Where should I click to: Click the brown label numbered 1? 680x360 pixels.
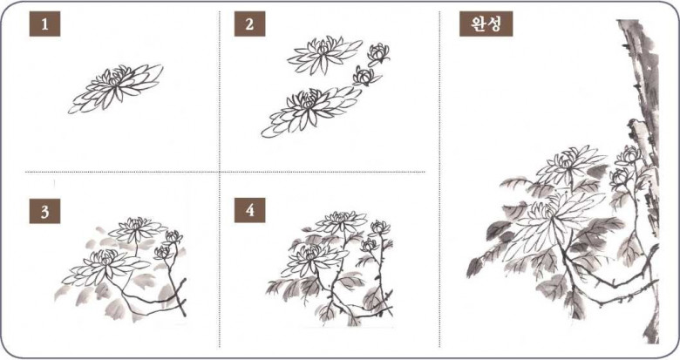click(44, 24)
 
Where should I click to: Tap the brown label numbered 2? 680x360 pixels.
click(249, 24)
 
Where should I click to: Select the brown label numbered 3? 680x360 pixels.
click(44, 211)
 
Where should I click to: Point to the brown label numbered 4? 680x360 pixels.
click(249, 210)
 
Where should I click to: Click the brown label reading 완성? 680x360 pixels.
click(486, 24)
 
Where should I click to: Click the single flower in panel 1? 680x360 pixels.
click(115, 88)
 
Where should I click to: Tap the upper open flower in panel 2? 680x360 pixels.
click(324, 54)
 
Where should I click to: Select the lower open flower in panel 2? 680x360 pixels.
click(310, 110)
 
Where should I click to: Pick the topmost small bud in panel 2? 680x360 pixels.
click(378, 54)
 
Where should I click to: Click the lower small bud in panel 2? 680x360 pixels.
click(366, 77)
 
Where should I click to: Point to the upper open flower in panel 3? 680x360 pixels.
click(137, 229)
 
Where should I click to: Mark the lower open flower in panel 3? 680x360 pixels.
click(105, 267)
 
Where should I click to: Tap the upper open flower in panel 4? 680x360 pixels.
click(342, 221)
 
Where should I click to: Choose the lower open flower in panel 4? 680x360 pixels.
click(310, 259)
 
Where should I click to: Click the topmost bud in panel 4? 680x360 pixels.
click(380, 228)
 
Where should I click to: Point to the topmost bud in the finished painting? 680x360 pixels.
click(629, 155)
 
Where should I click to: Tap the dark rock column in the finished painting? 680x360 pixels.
click(642, 130)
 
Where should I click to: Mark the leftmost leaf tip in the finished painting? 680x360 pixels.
click(467, 275)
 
